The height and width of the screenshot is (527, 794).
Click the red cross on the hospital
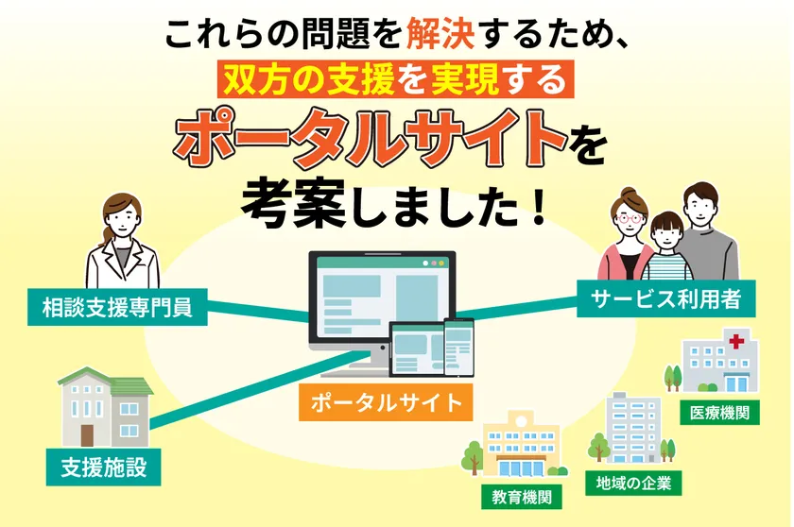[x=735, y=340]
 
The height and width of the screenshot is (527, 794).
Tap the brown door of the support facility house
[x=88, y=433]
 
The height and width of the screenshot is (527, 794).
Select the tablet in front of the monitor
[x=415, y=350]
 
